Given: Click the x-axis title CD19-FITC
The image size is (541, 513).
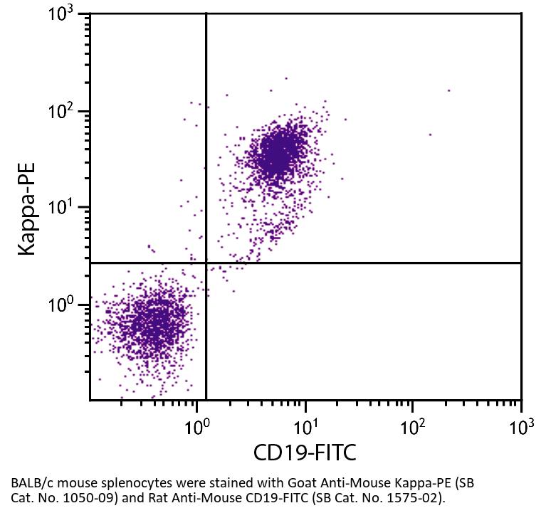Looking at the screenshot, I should pos(305,452).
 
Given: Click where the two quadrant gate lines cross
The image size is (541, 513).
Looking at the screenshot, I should pos(206,263).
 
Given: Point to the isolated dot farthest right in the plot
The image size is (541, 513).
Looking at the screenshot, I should pos(448,90).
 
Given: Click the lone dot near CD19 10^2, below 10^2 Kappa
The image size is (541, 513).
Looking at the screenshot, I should pos(430,134).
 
